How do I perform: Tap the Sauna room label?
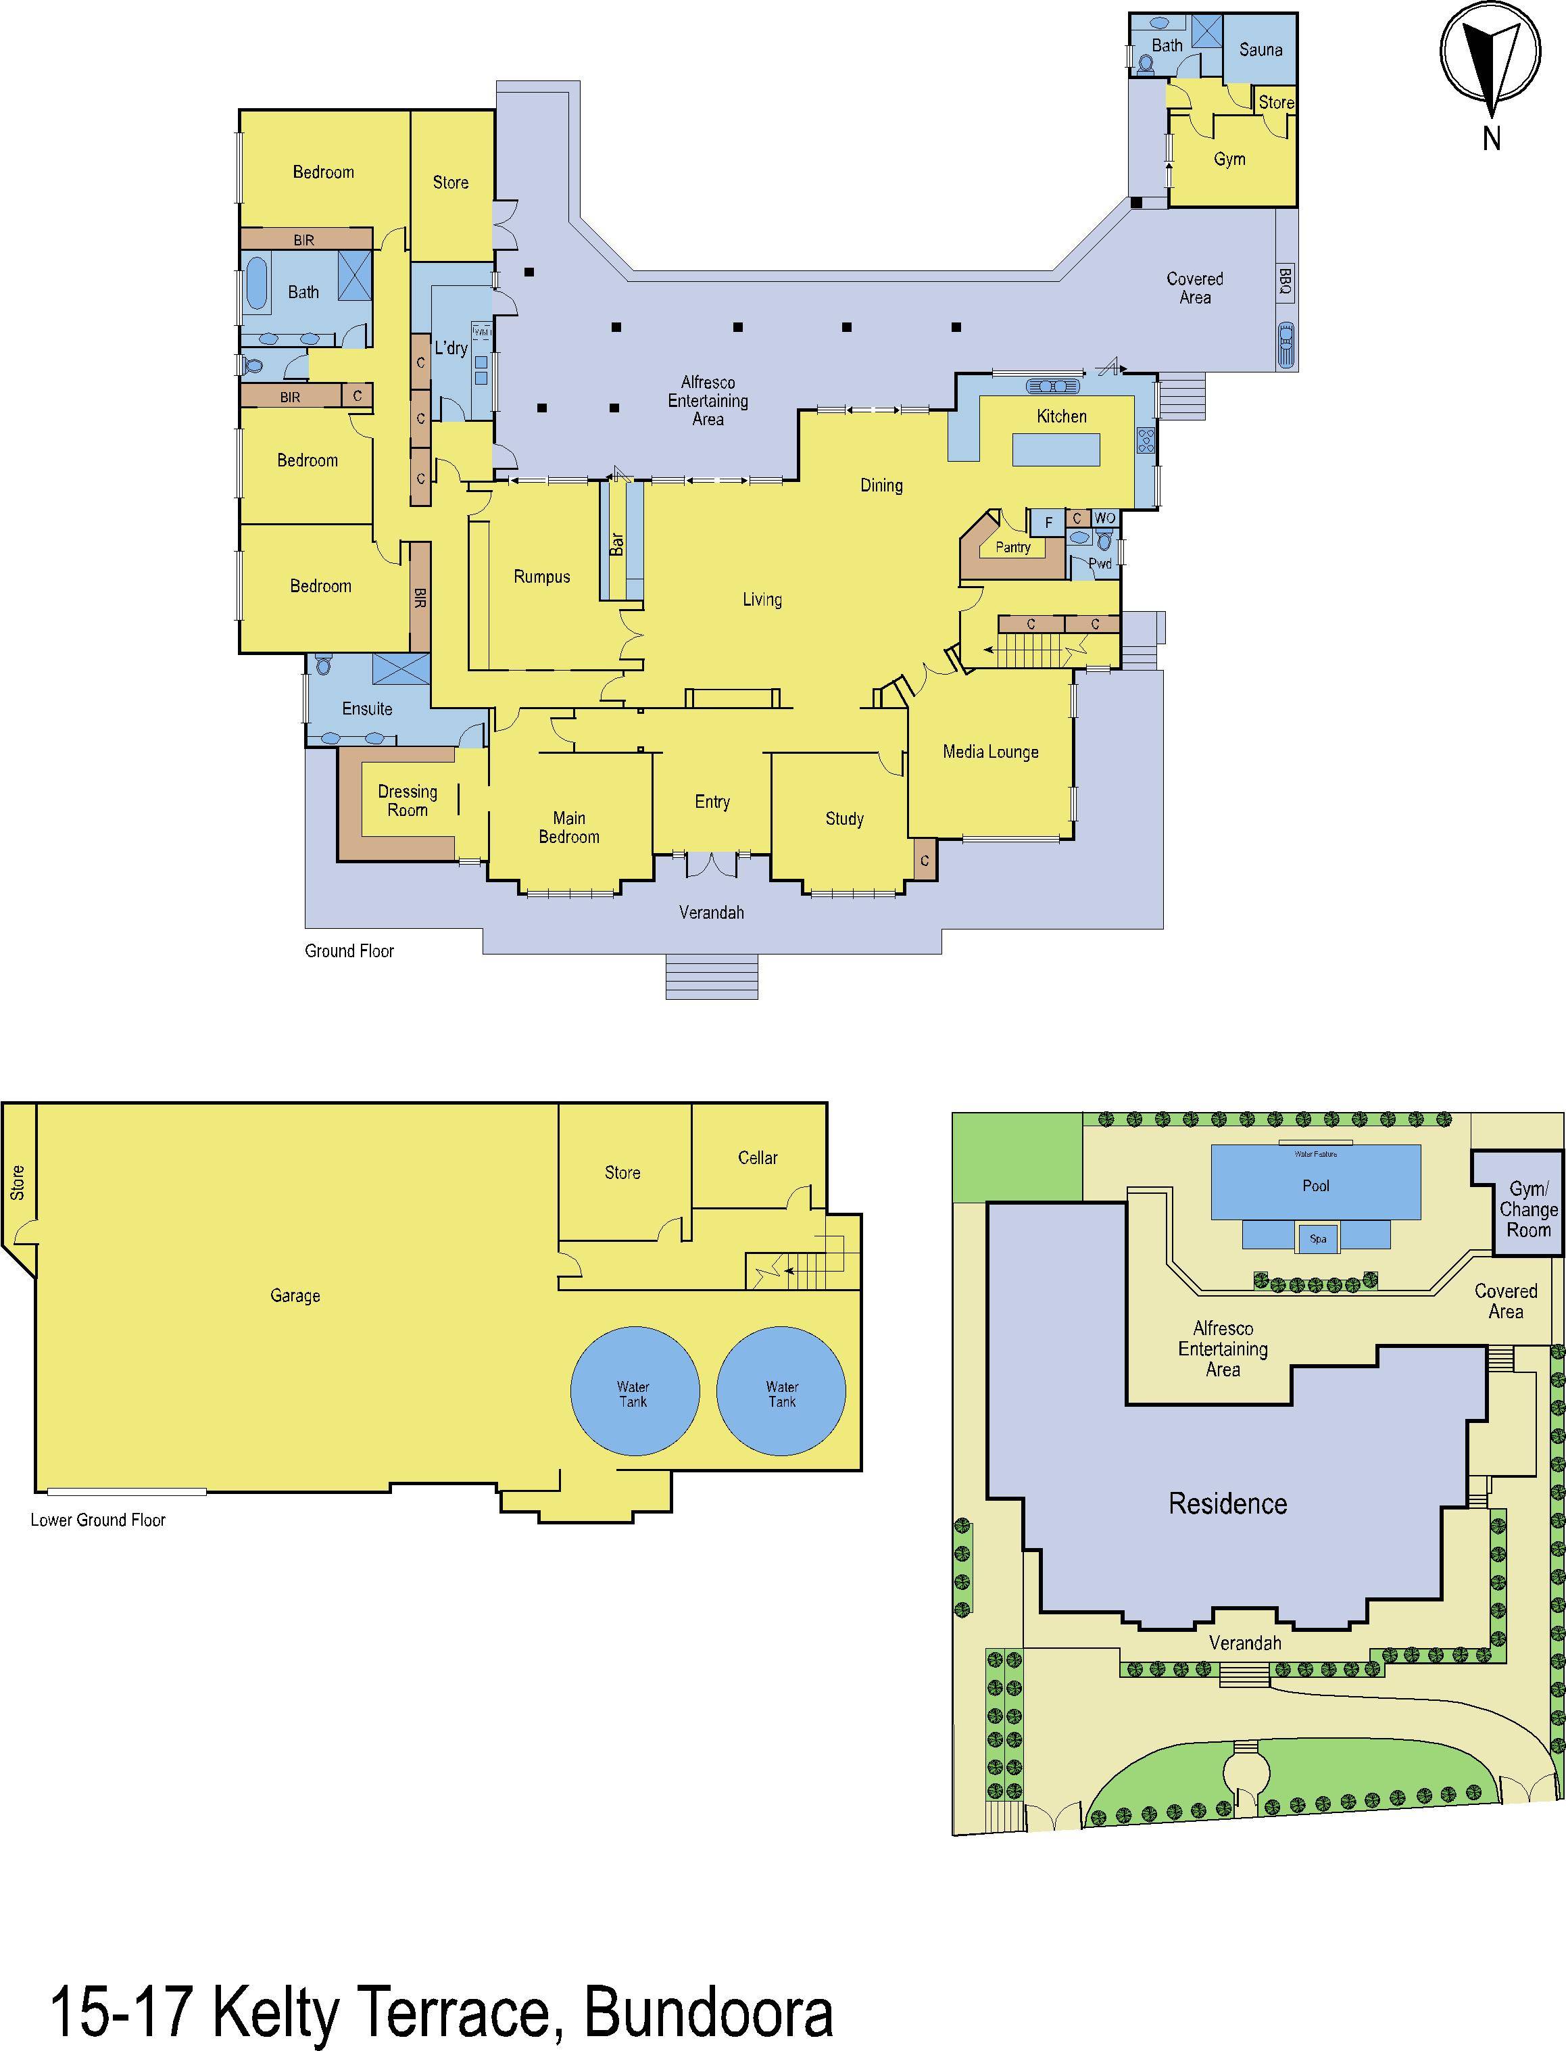click(x=1261, y=50)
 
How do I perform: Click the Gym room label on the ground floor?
click(x=1229, y=160)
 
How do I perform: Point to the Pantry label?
click(x=1012, y=548)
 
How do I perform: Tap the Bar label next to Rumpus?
click(x=617, y=544)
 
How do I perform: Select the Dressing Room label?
click(x=408, y=801)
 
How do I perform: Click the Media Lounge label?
click(x=990, y=752)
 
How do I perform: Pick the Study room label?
click(x=845, y=819)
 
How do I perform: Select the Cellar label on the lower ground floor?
click(x=758, y=1158)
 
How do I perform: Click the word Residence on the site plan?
click(x=1227, y=1503)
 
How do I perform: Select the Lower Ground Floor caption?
click(x=98, y=1520)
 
